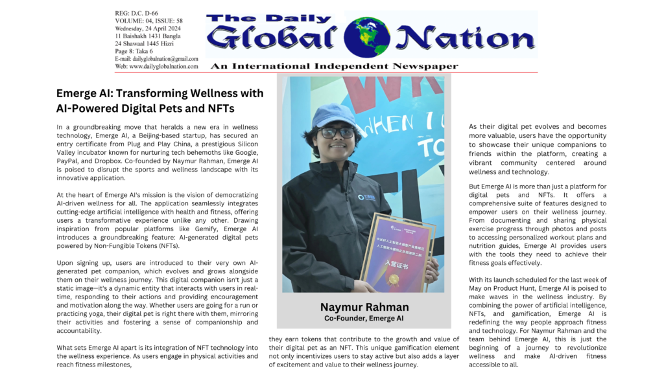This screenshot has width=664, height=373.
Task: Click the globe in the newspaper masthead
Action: (x=367, y=37)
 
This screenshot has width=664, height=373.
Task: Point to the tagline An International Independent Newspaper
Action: (x=334, y=66)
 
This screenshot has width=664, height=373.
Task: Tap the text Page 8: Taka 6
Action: (x=134, y=51)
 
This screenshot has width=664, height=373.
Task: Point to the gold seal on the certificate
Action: (x=393, y=278)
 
